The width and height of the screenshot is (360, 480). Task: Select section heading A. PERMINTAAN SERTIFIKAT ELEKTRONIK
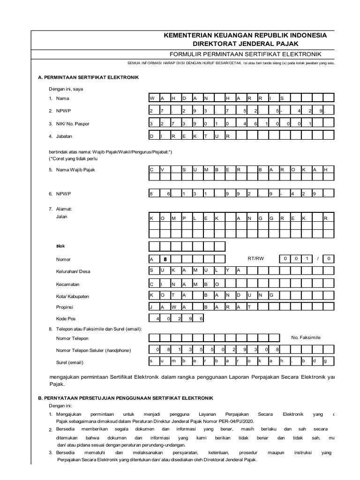[x=88, y=77]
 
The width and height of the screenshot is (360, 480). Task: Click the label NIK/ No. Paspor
[x=73, y=124]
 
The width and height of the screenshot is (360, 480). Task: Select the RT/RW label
[x=256, y=258]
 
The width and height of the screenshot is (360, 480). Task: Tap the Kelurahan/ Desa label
[x=73, y=271]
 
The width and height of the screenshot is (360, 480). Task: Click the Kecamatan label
[x=68, y=284]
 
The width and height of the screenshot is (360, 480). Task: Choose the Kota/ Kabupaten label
[x=73, y=297]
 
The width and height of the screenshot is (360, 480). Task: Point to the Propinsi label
[x=66, y=307]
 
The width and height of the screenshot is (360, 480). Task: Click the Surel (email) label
[x=70, y=362]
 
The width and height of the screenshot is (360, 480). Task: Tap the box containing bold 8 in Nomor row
[x=165, y=259]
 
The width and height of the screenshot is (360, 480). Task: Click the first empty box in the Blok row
[x=154, y=247]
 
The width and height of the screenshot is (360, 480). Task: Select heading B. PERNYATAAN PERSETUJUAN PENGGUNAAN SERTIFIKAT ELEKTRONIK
[x=125, y=397]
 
